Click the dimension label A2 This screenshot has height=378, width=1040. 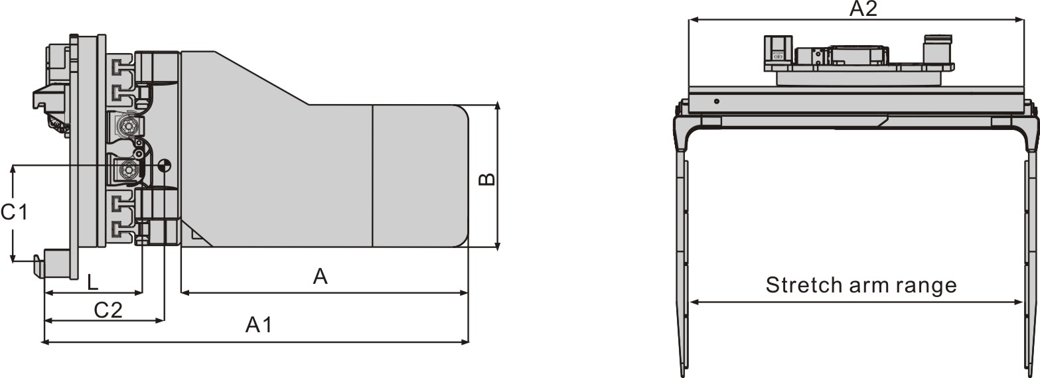click(x=863, y=9)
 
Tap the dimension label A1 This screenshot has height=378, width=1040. click(x=259, y=325)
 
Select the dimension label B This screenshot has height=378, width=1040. click(x=487, y=179)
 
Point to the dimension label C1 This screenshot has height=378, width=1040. click(x=15, y=212)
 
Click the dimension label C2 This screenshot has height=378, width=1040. click(x=108, y=310)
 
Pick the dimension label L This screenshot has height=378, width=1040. click(x=93, y=282)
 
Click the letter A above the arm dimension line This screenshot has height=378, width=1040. click(x=321, y=277)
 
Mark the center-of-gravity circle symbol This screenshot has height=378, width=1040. click(x=165, y=165)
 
